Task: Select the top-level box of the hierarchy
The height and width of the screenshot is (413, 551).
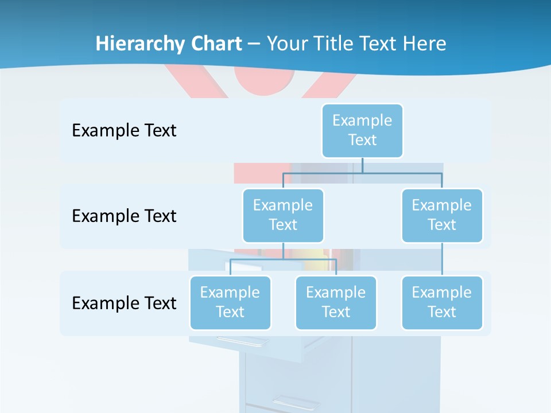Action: [x=362, y=130]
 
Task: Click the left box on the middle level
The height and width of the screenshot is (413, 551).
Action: [x=283, y=215]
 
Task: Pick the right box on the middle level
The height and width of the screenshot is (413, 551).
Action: [x=442, y=215]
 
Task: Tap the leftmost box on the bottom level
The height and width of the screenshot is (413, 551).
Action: [x=230, y=302]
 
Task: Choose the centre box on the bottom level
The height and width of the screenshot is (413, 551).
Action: [x=336, y=302]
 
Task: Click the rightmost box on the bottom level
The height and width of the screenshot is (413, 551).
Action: [x=442, y=302]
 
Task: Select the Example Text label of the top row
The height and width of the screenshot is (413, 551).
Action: [x=124, y=130]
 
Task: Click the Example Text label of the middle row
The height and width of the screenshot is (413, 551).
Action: [x=124, y=216]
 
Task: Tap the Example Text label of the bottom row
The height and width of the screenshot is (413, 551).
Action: [x=124, y=303]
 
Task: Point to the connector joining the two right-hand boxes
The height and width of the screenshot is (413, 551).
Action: [x=442, y=259]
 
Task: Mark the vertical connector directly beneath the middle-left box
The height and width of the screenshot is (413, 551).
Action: [x=283, y=251]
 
